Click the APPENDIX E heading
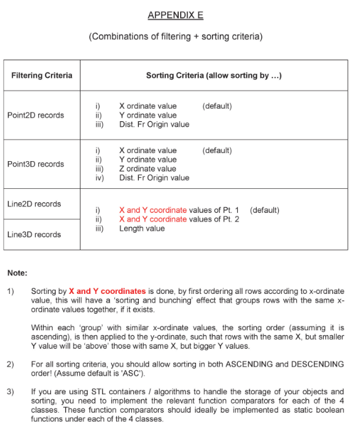pos(175,15)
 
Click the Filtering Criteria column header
pos(42,76)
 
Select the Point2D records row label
pos(36,115)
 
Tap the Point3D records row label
pos(36,164)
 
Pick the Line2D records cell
pos(34,204)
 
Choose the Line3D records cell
pos(34,234)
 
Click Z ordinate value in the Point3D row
pos(147,168)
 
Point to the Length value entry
pos(142,228)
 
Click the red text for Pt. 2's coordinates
pos(152,219)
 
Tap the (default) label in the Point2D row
pos(217,106)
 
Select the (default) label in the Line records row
pos(264,210)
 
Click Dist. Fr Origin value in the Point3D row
pos(154,178)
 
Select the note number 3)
pos(10,392)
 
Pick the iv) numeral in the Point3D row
pos(100,178)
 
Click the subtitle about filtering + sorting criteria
pos(176,36)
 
